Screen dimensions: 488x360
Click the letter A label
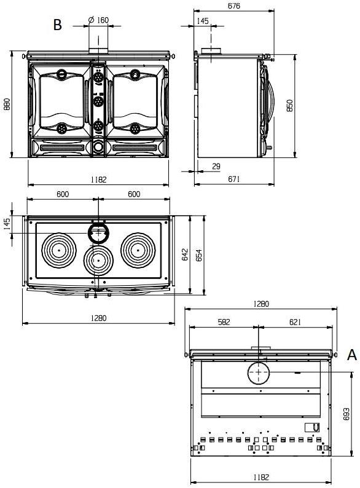[x=351, y=355]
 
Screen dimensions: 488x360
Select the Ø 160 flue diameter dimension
[x=98, y=20]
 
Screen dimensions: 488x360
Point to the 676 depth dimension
[x=233, y=6]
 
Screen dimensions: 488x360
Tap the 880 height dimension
[x=7, y=104]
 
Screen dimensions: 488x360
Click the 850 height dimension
[x=289, y=105]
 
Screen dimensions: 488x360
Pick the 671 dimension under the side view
[x=233, y=179]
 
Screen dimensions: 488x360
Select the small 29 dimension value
[x=216, y=167]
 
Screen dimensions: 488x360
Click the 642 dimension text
[x=185, y=254]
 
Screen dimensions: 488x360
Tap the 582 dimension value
[x=224, y=321]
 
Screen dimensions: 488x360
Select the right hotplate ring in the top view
[x=138, y=250]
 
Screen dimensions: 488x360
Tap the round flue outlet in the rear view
[x=259, y=372]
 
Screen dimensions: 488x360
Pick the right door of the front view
[x=135, y=101]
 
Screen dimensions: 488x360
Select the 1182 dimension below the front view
[x=98, y=179]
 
